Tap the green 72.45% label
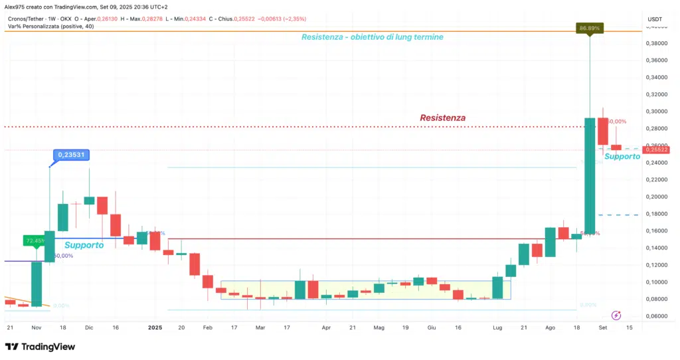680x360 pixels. coord(35,240)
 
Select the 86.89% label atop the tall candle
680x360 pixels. coord(589,29)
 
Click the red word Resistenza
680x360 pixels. coord(442,118)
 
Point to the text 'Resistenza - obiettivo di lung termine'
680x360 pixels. coord(372,37)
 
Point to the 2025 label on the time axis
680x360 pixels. coord(155,327)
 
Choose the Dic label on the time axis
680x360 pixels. coord(89,327)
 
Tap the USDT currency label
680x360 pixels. coord(655,19)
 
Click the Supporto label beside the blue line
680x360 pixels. coord(84,245)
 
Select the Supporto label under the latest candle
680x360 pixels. coord(622,157)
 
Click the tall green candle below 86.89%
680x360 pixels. coord(590,176)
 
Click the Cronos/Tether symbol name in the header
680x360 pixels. coord(29,18)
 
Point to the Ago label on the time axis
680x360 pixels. coord(551,327)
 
